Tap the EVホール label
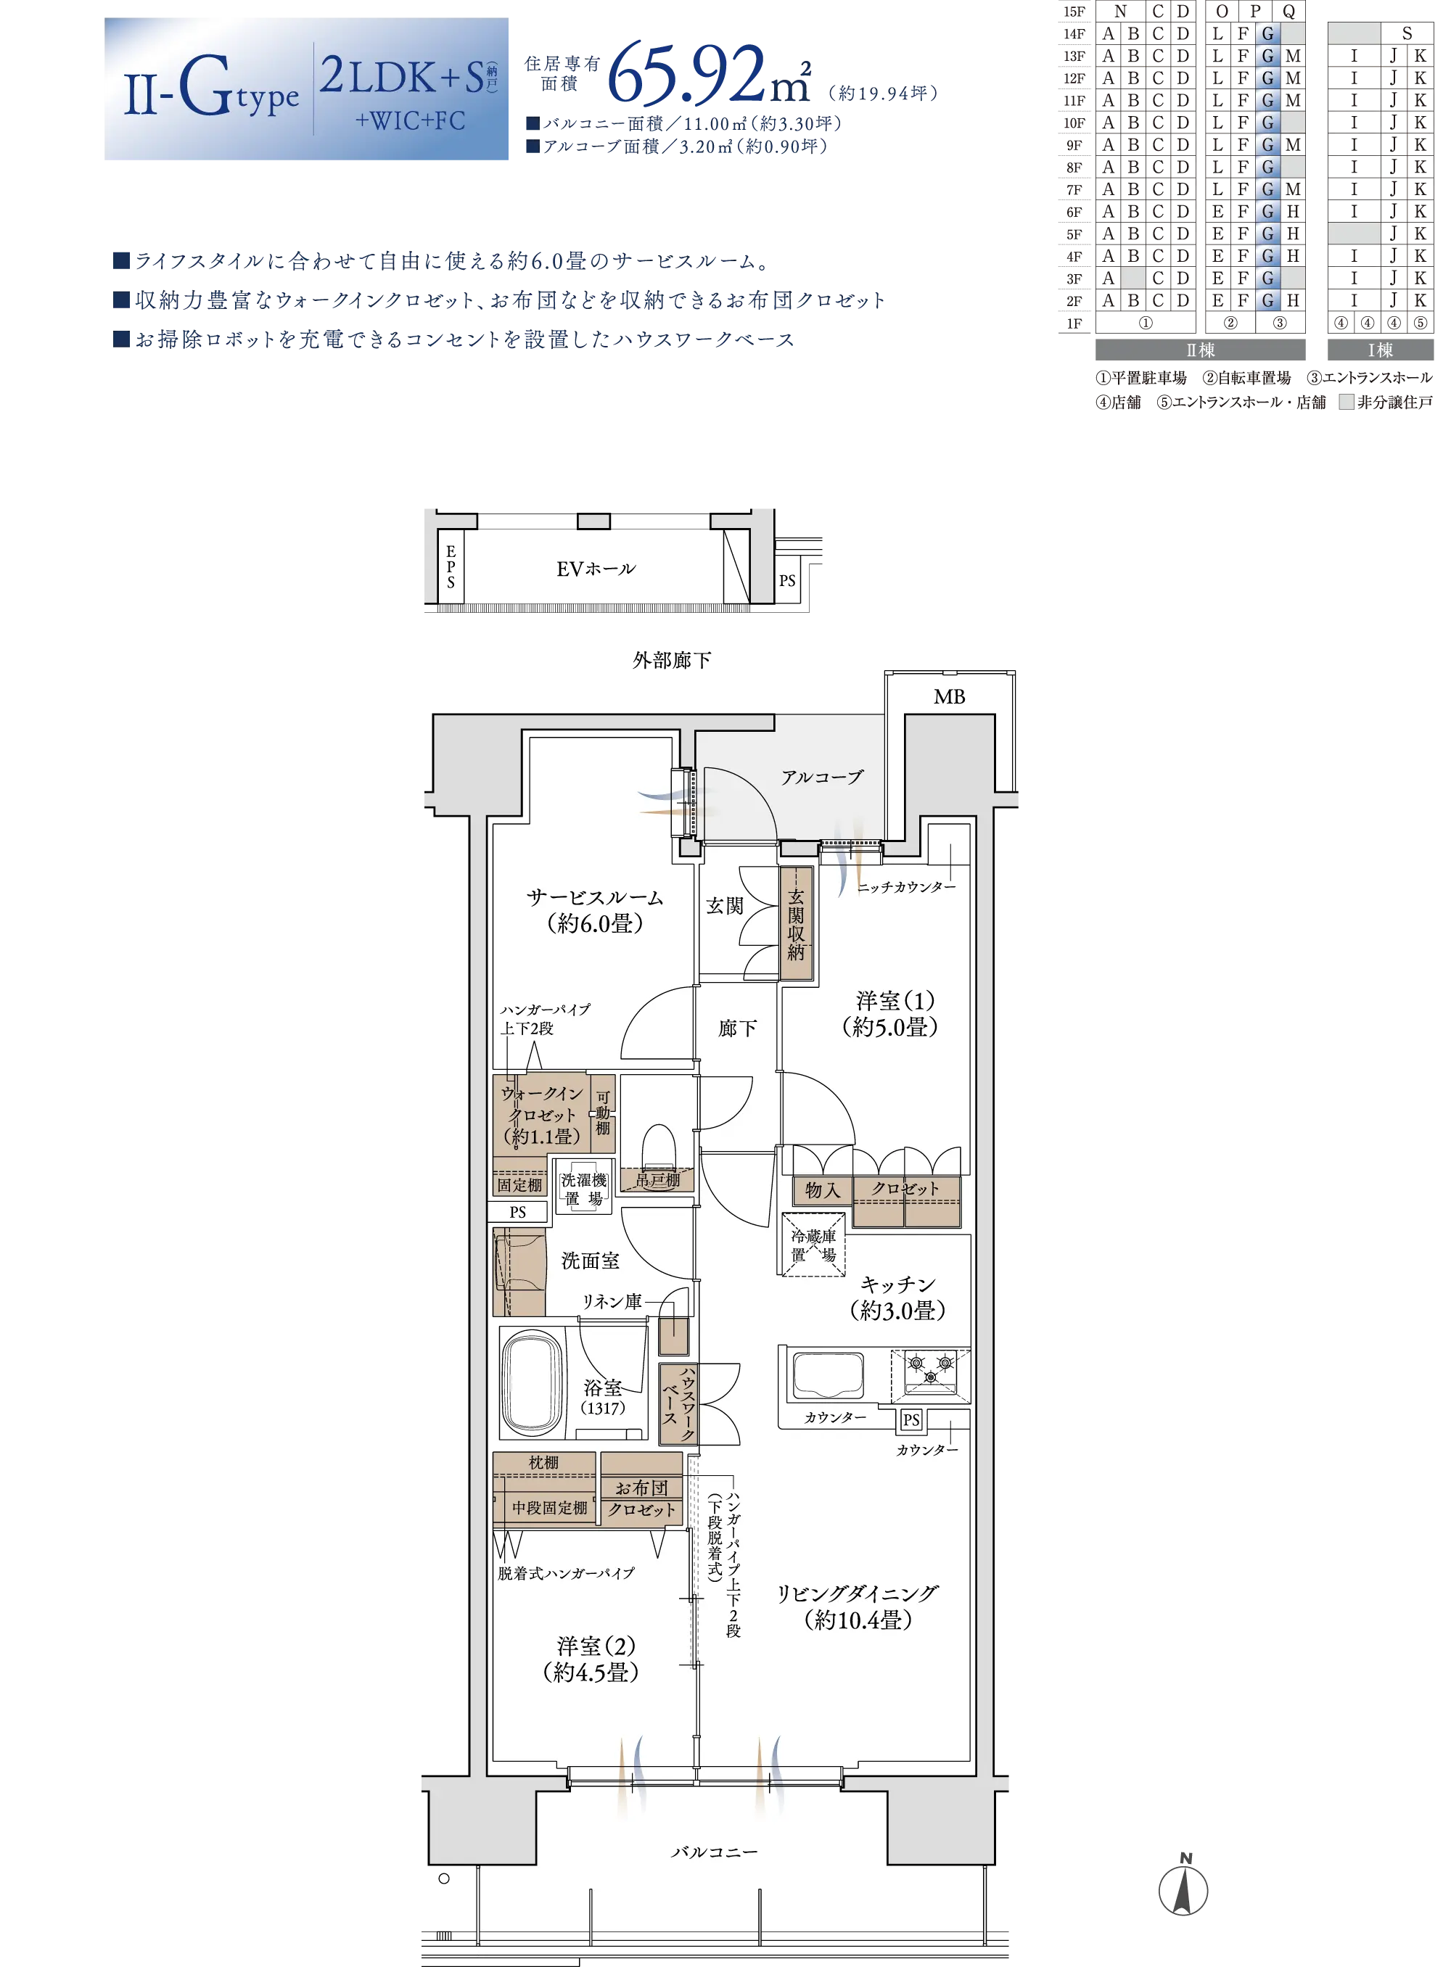(596, 569)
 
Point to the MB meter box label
(949, 697)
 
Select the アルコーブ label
(822, 776)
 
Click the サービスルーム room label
(595, 897)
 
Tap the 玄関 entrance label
(725, 905)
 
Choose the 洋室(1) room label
(895, 1000)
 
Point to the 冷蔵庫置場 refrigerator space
(813, 1245)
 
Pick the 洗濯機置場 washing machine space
(583, 1188)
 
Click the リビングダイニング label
(858, 1593)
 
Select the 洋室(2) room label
(596, 1646)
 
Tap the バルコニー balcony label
(714, 1851)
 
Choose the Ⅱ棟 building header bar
(1200, 350)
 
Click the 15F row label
(1074, 12)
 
